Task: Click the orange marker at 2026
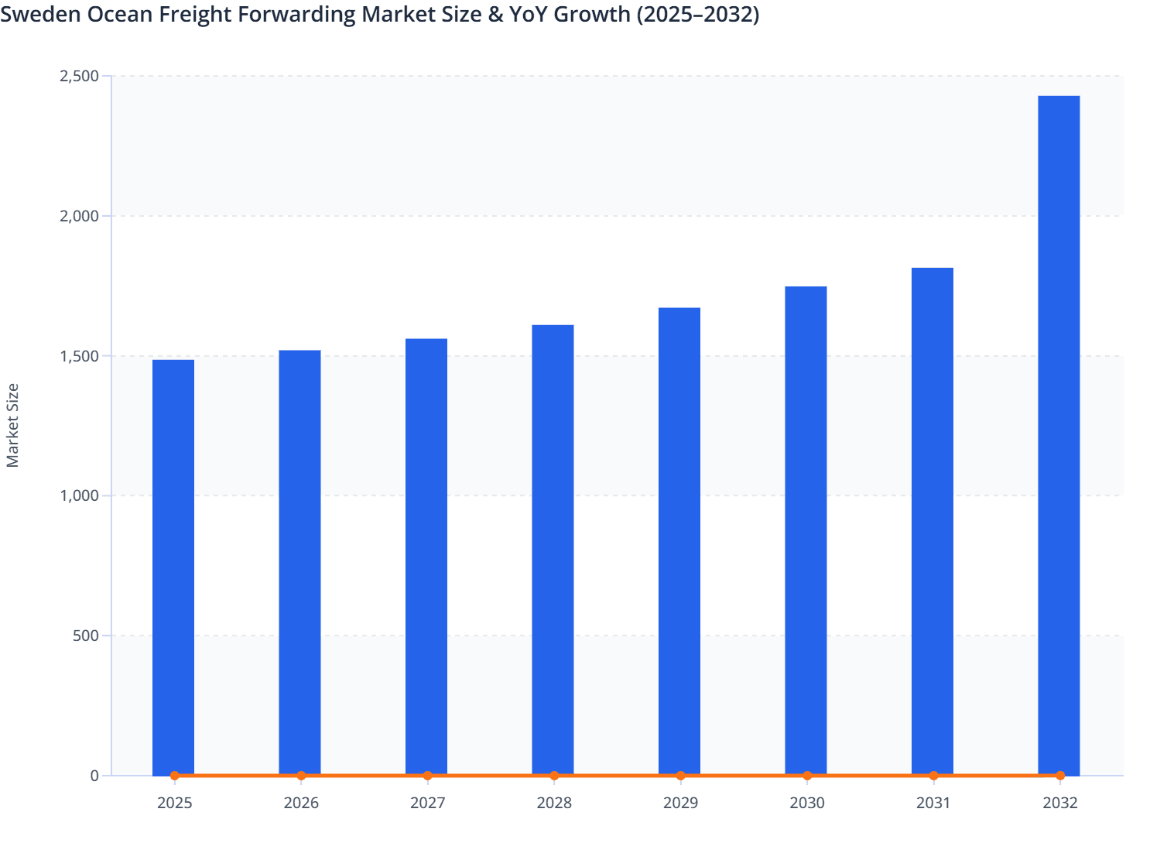pos(301,776)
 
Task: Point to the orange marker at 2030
pos(807,776)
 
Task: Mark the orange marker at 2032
pos(1060,776)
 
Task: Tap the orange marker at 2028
pos(554,776)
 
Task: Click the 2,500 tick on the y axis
pos(79,76)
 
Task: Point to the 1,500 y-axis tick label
pos(79,356)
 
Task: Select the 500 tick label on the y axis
pos(85,636)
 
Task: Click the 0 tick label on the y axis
pos(94,776)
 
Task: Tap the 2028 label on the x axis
pos(554,804)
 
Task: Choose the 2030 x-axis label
pos(807,804)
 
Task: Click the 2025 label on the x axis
pos(175,804)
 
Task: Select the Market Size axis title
pos(12,426)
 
